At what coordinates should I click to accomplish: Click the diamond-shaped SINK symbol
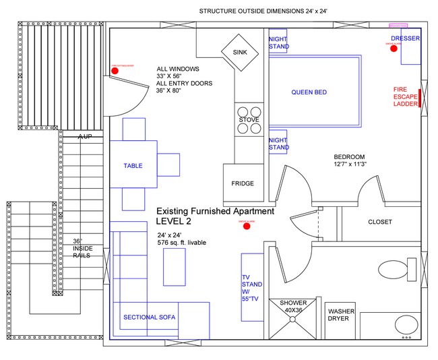240,52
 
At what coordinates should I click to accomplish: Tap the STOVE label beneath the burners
249,120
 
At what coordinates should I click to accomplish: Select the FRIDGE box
243,183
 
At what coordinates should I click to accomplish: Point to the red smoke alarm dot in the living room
247,226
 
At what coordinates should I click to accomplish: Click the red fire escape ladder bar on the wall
420,98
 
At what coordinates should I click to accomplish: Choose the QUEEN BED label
309,92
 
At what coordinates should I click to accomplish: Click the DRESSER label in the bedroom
406,38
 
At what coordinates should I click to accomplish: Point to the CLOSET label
380,222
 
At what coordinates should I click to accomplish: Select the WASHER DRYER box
338,315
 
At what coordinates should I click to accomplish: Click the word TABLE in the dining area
133,165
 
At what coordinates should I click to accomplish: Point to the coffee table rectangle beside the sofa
174,267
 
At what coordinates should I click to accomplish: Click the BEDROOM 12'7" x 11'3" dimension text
349,160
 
